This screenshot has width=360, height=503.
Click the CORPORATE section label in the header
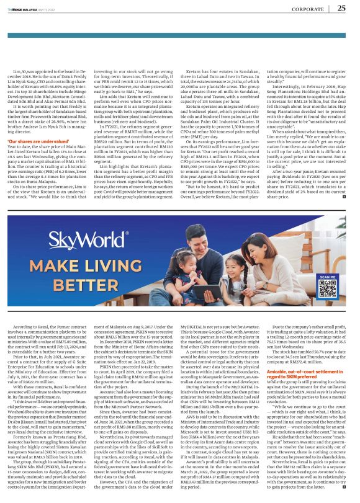pyautogui.click(x=308, y=9)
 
